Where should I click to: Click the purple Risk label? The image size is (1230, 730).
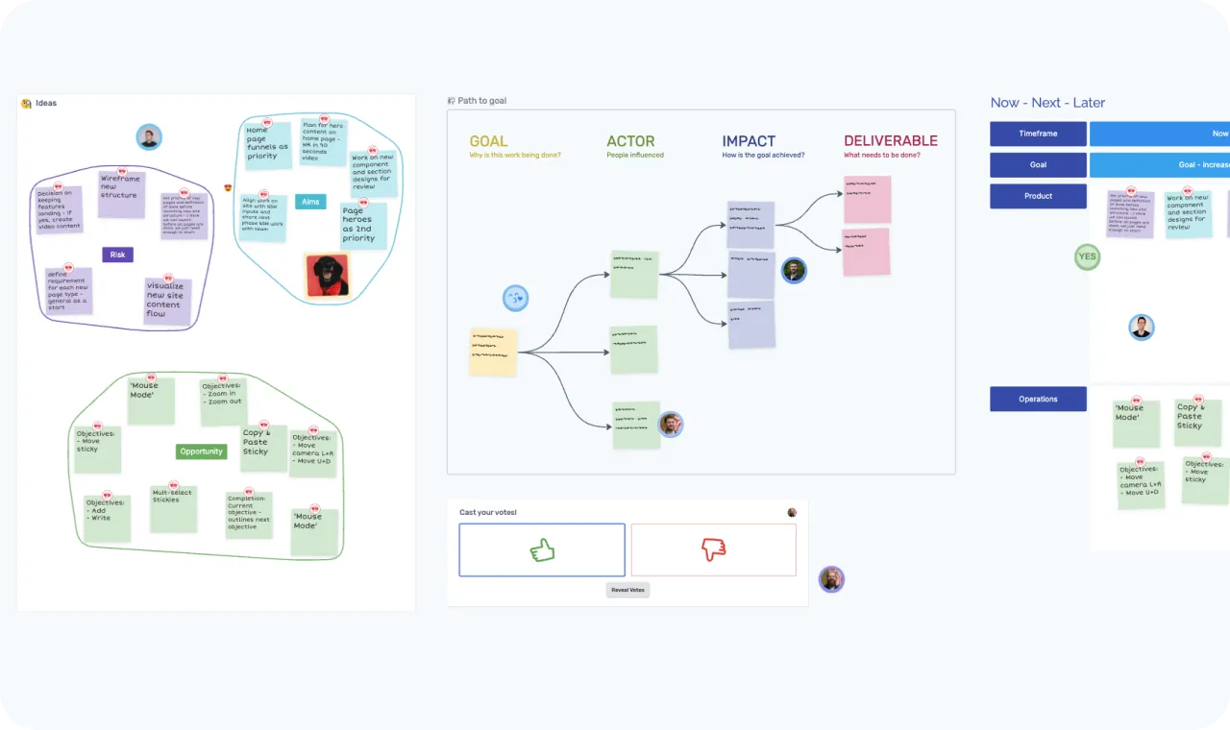[x=117, y=255]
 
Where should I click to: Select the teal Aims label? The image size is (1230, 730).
[x=310, y=202]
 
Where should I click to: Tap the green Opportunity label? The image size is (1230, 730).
[x=201, y=451]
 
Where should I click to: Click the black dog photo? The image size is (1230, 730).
[x=327, y=275]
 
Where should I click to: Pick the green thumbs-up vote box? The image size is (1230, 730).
[x=542, y=549]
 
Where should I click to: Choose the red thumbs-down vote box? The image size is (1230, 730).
[x=713, y=549]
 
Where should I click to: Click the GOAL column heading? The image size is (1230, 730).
[x=488, y=141]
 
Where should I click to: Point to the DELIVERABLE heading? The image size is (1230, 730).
[x=890, y=141]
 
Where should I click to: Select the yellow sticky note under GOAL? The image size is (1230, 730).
[x=494, y=352]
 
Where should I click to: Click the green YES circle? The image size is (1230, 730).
[x=1087, y=256]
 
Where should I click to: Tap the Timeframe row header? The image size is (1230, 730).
[x=1038, y=134]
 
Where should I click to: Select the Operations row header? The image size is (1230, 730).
[x=1038, y=399]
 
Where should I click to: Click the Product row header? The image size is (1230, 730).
[x=1038, y=196]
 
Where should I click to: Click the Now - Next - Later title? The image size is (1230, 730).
[x=1047, y=103]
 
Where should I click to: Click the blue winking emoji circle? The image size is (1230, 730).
[x=516, y=298]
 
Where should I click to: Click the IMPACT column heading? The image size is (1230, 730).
[x=749, y=141]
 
